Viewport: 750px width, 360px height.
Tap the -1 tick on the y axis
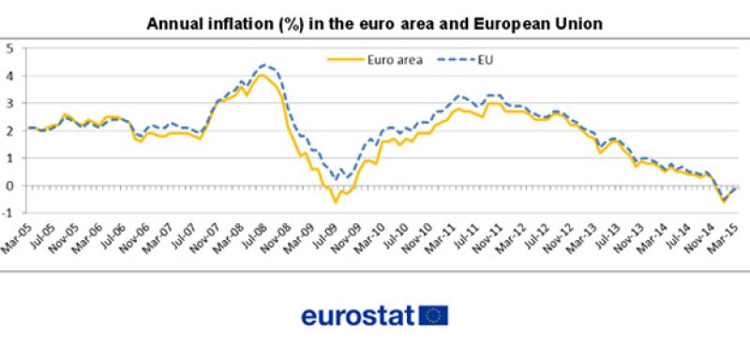click(7, 213)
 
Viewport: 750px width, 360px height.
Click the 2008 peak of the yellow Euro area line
click(265, 75)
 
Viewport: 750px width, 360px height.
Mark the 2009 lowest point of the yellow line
click(336, 202)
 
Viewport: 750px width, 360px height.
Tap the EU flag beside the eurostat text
click(434, 316)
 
